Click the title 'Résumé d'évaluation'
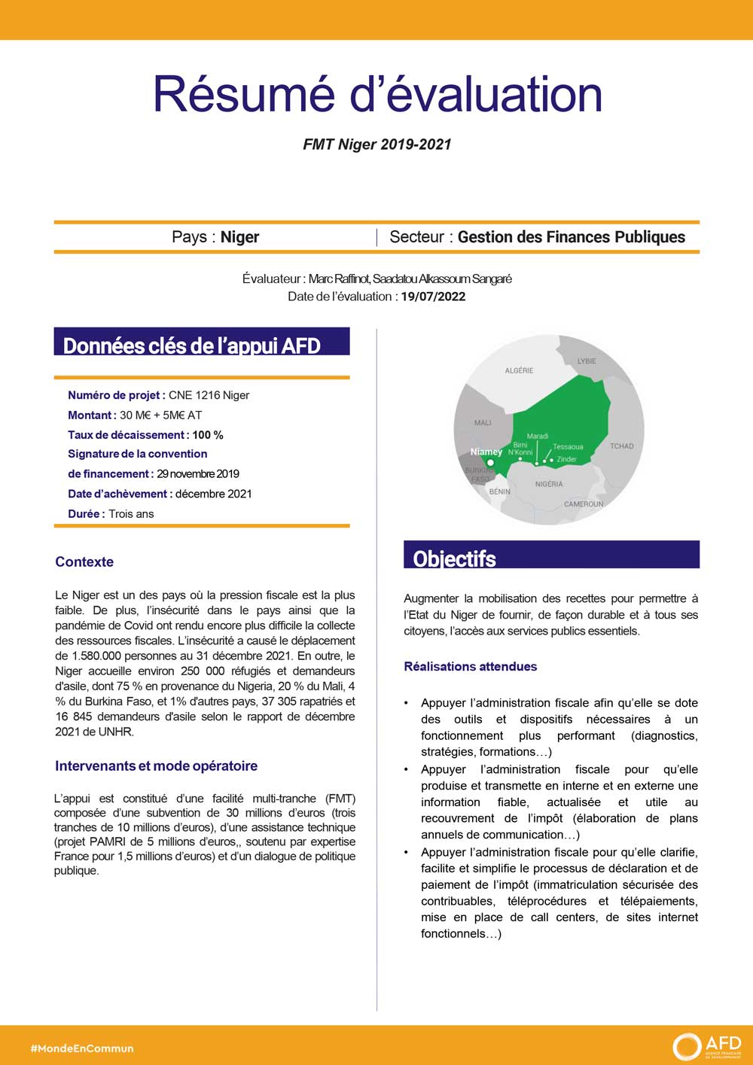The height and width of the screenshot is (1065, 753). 377,94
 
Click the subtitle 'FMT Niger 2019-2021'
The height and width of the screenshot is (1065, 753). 377,145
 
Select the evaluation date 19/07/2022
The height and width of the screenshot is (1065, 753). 433,297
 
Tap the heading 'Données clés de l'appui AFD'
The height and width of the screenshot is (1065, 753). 192,345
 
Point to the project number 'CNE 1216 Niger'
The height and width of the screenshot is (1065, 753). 209,395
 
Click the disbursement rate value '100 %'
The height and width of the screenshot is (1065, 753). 208,435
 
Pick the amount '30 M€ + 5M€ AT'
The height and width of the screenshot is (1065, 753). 160,415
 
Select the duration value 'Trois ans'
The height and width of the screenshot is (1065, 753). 131,514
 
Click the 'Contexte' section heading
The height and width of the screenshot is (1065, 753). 84,562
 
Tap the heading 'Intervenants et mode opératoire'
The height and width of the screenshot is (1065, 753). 156,766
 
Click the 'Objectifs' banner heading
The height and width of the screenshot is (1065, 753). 455,558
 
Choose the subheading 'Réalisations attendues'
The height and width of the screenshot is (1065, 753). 471,666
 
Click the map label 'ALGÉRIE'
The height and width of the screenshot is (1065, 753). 519,370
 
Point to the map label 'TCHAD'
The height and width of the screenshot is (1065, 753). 622,446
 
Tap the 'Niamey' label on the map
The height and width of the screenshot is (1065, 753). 486,452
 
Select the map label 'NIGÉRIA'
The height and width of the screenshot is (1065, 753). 549,484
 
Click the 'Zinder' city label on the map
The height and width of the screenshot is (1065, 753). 566,459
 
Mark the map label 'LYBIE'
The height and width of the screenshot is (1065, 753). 587,361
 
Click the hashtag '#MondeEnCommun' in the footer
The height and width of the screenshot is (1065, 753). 82,1048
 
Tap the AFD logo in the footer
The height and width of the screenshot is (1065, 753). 707,1045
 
